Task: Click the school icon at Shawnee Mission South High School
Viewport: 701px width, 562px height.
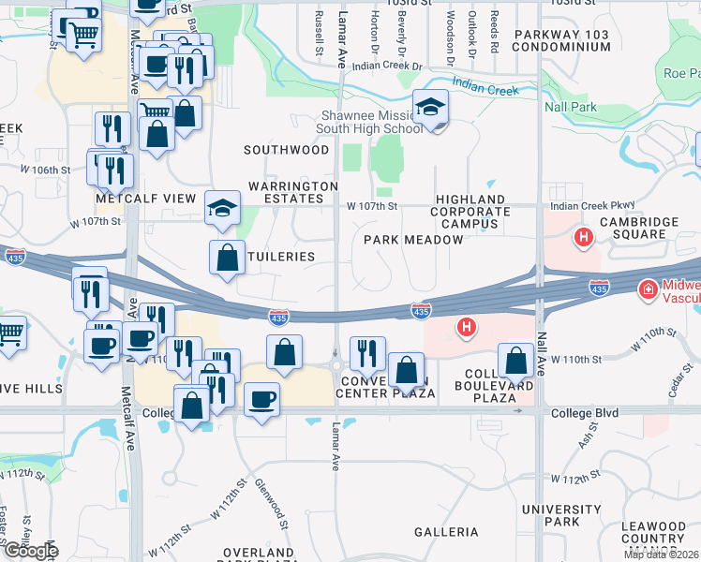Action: point(430,107)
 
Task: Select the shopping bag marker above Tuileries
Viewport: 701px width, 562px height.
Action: point(228,258)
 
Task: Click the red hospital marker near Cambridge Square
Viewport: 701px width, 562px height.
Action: point(584,238)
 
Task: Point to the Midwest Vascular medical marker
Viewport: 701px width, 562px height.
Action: point(646,290)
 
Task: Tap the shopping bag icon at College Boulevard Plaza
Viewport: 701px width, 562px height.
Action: point(515,361)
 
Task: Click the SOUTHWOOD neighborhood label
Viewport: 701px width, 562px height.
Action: point(287,150)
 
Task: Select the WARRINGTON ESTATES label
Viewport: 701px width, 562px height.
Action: point(293,192)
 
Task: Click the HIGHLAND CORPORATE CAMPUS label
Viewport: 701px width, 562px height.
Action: point(470,212)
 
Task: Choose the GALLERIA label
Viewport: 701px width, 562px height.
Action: point(447,532)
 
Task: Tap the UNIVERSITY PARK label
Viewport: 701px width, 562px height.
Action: point(548,514)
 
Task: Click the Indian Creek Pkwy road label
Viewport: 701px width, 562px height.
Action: point(592,205)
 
